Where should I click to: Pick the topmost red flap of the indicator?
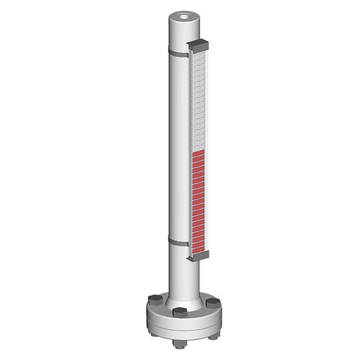point(199,156)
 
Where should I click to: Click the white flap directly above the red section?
point(199,149)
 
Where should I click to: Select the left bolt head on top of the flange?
point(153,299)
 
